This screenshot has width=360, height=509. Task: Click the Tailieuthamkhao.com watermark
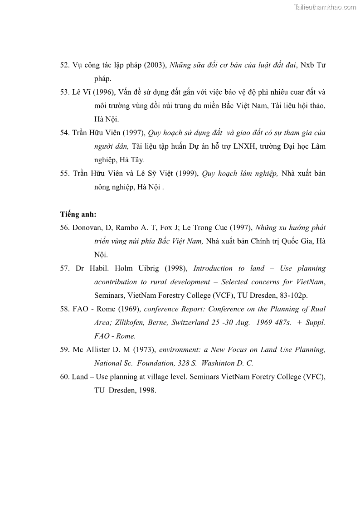pyautogui.click(x=325, y=7)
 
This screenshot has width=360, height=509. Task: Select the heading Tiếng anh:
pyautogui.click(x=78, y=214)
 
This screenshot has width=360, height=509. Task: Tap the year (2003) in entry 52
pyautogui.click(x=156, y=65)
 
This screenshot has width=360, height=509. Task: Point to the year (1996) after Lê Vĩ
pyautogui.click(x=104, y=92)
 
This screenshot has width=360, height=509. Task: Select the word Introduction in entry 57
pyautogui.click(x=213, y=268)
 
